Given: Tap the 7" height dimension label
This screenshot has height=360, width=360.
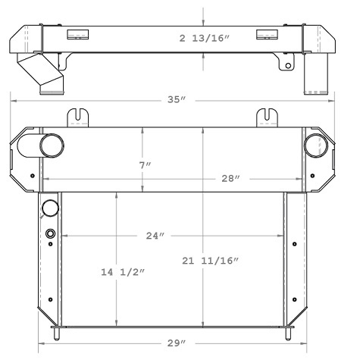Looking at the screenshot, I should click(x=142, y=164).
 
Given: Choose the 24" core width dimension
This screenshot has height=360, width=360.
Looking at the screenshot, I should click(x=155, y=236).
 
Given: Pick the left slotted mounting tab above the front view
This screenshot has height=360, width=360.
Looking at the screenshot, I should click(x=79, y=117).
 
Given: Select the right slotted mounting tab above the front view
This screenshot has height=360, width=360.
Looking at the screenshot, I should click(x=268, y=117).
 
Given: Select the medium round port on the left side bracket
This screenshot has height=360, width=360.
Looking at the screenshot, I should click(x=51, y=208).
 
